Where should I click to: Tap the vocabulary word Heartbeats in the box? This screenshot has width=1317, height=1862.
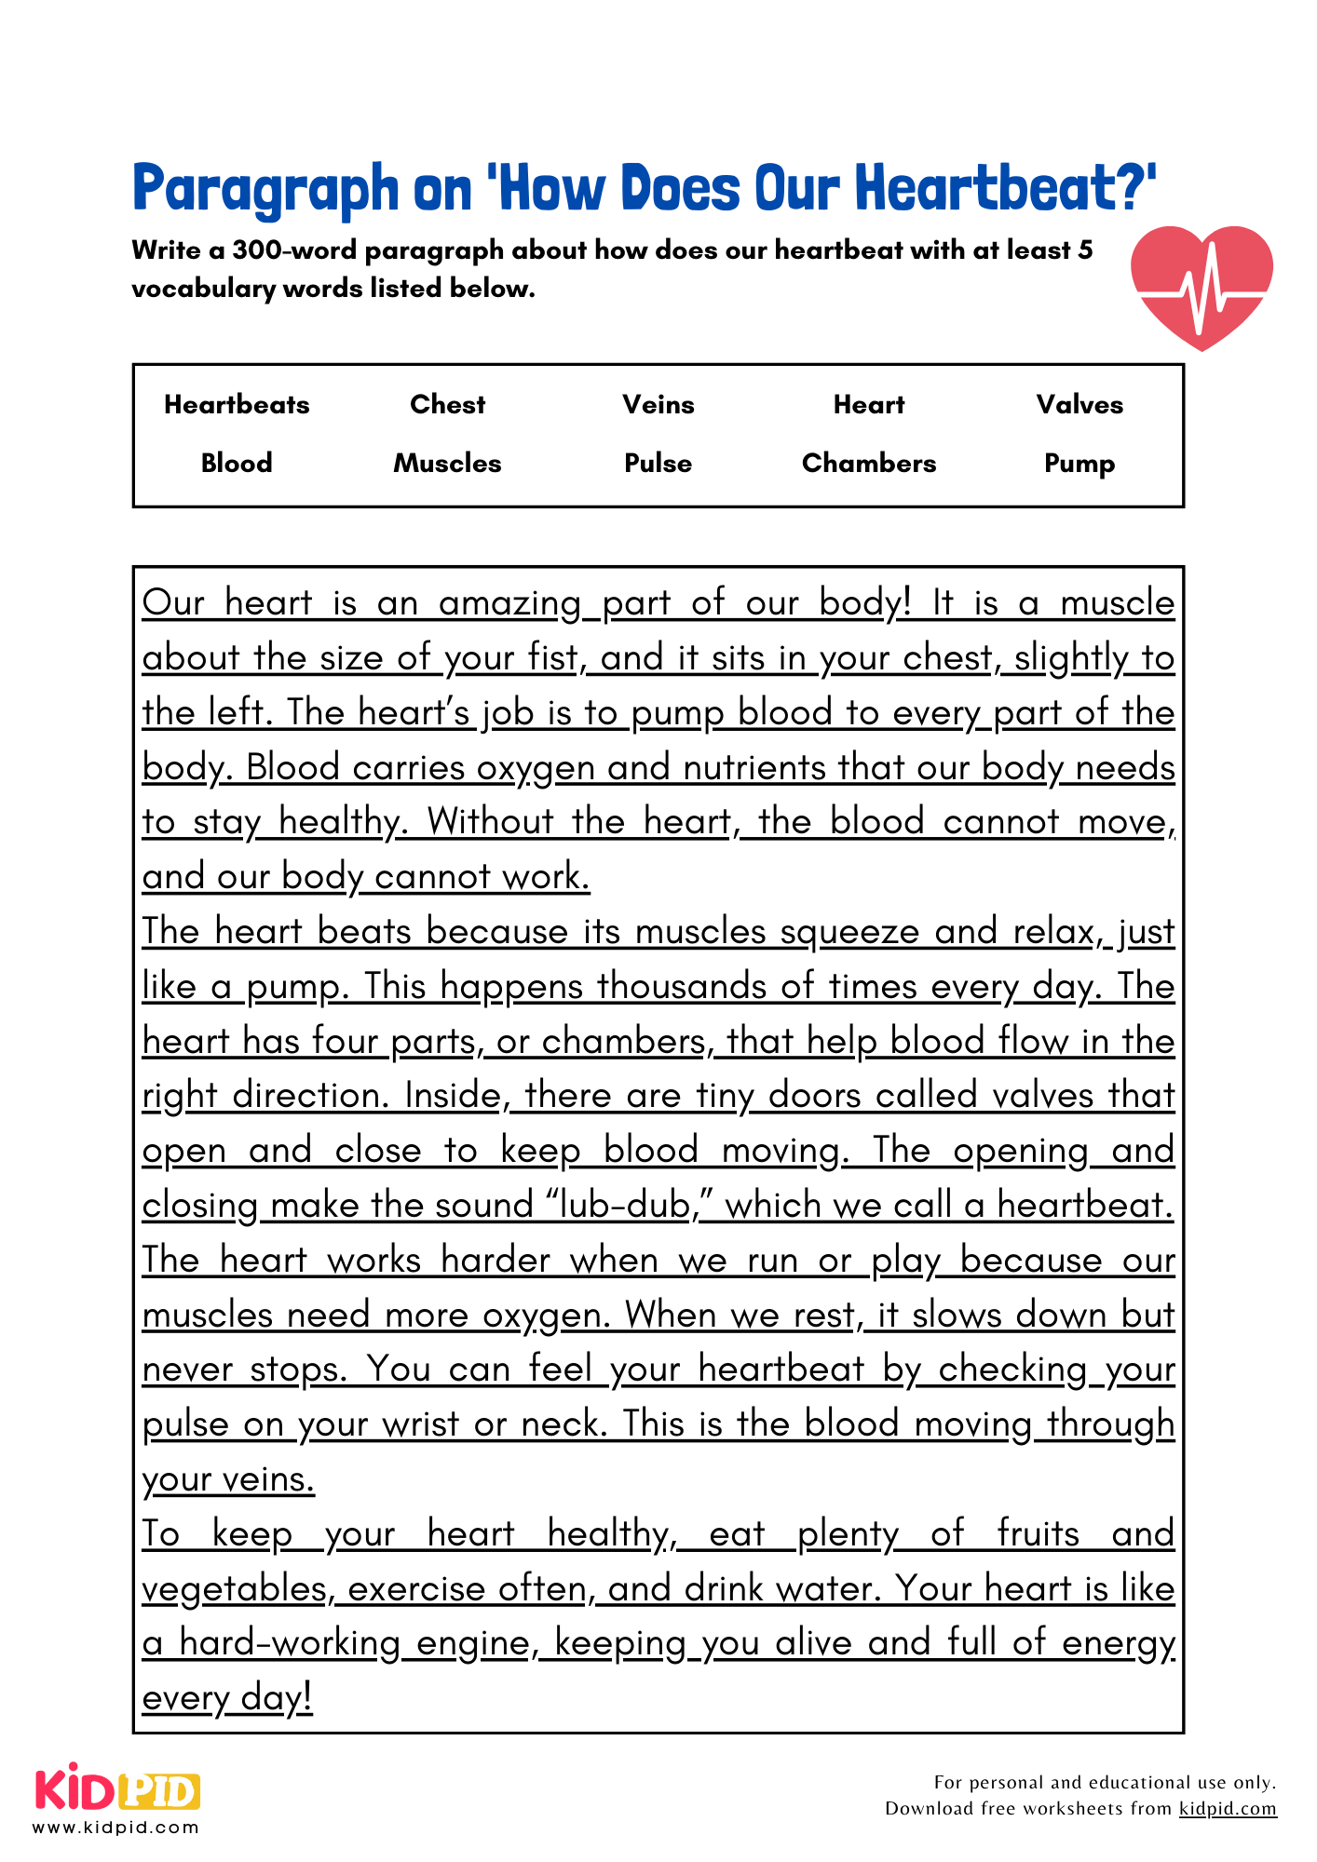(x=237, y=405)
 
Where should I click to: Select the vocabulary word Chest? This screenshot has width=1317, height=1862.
(x=448, y=405)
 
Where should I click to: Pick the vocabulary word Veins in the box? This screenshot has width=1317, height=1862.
(x=658, y=405)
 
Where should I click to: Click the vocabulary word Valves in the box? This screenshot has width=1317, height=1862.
(x=1079, y=405)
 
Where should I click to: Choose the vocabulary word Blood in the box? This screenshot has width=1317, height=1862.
(x=237, y=464)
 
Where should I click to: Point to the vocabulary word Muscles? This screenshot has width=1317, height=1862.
(x=448, y=464)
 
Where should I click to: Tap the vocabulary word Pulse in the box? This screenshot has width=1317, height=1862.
(x=658, y=464)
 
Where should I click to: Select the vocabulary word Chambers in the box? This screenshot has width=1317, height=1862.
(x=869, y=464)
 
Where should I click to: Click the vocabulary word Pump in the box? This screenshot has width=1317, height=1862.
(x=1079, y=464)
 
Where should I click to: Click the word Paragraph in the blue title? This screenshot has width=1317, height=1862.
(x=265, y=189)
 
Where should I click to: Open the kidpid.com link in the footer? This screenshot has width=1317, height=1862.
(x=1228, y=1808)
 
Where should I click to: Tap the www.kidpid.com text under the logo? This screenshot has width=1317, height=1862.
(x=116, y=1828)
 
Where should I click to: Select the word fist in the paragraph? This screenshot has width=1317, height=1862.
(x=553, y=658)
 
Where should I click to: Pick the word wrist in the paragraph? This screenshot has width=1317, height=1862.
(x=421, y=1424)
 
